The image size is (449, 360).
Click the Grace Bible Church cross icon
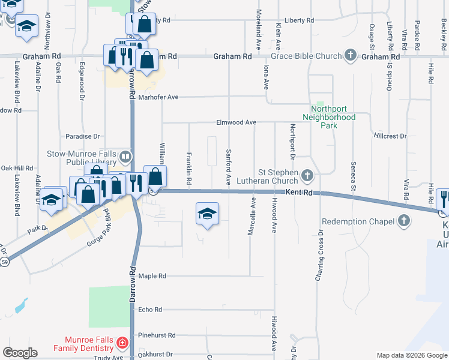(x=351, y=56)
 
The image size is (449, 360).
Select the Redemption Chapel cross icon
(x=405, y=221)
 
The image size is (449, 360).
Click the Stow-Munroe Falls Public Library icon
(x=125, y=157)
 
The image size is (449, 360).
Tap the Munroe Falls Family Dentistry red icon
(x=122, y=343)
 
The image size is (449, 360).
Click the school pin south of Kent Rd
(x=207, y=214)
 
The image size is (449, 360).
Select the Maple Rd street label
(x=152, y=276)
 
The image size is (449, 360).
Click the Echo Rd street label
(x=150, y=310)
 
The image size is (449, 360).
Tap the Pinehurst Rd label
(x=155, y=335)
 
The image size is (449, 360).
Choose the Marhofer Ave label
(x=159, y=97)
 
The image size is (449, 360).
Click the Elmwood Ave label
(x=237, y=122)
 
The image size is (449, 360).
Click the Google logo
(x=20, y=353)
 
